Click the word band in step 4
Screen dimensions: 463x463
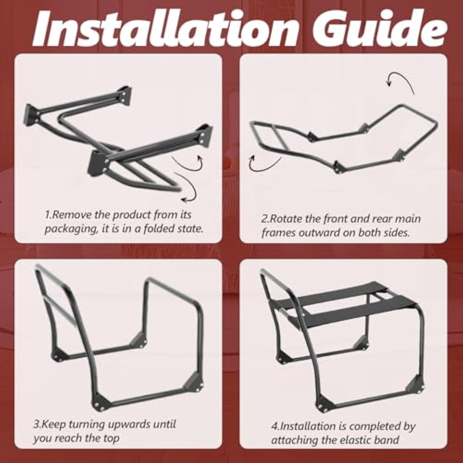pos(386,440)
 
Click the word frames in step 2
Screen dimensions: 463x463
pos(276,232)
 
